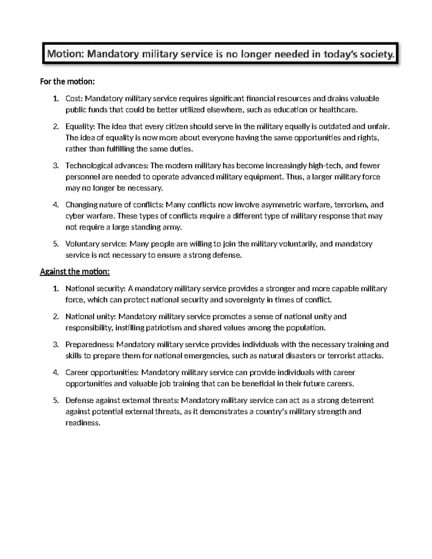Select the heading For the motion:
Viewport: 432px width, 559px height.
tap(67, 82)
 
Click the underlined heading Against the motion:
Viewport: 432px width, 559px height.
tap(75, 272)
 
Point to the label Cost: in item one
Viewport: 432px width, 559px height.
tap(74, 99)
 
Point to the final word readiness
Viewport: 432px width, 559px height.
tap(82, 423)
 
